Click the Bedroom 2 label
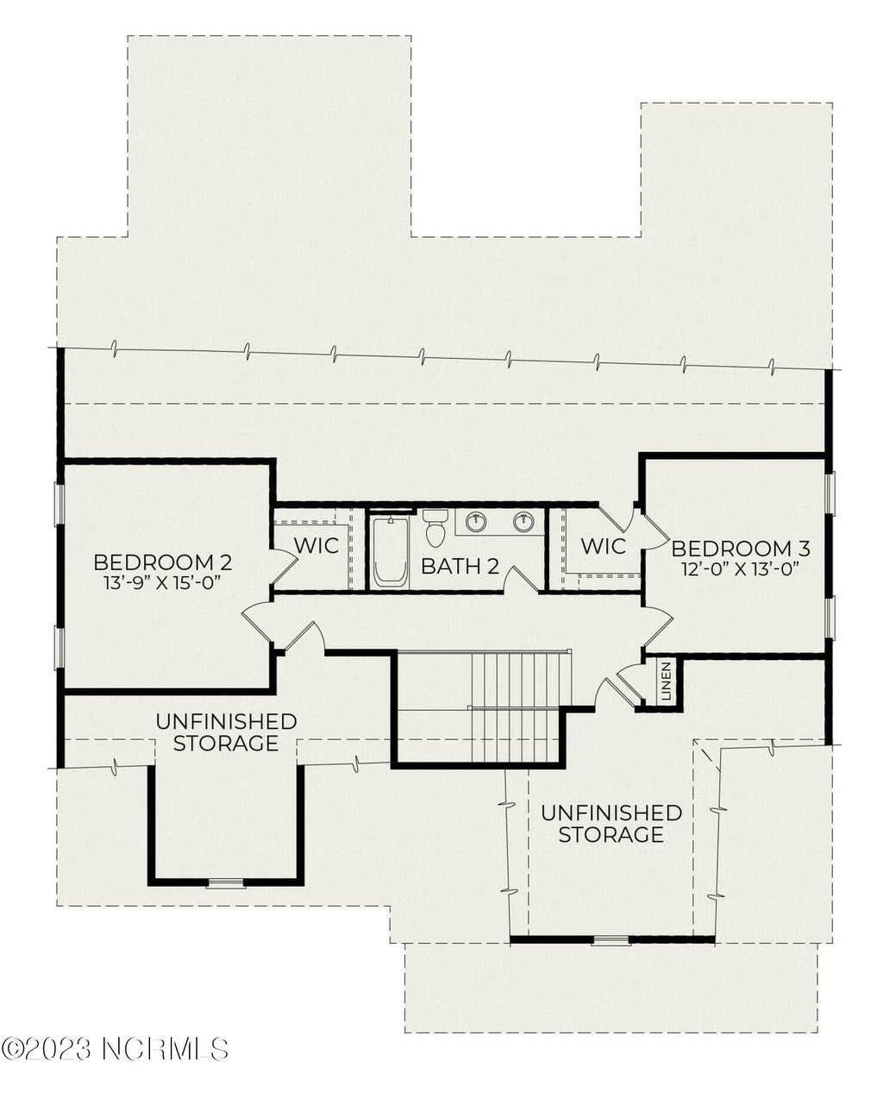click(162, 562)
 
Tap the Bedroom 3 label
click(740, 549)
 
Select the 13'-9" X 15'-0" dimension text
click(162, 582)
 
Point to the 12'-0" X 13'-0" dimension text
click(740, 568)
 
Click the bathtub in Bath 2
click(391, 551)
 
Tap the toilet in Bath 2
click(434, 528)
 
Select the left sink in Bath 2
click(476, 521)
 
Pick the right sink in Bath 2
click(523, 521)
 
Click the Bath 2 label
click(460, 567)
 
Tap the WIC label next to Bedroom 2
click(316, 545)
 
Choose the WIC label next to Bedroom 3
click(603, 546)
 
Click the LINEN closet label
click(666, 681)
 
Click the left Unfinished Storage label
click(226, 732)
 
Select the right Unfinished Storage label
click(611, 824)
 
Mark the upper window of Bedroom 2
click(59, 505)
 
